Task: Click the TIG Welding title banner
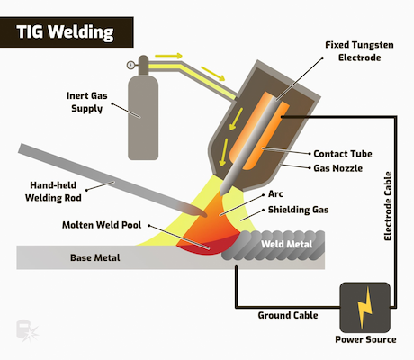(67, 32)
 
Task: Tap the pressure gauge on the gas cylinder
(130, 65)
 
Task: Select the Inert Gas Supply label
(86, 102)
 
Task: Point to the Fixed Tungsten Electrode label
(359, 51)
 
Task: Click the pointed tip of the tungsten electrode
(222, 193)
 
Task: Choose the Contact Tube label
(343, 154)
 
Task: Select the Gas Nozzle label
(337, 168)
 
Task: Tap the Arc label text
(275, 193)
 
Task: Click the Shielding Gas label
(298, 210)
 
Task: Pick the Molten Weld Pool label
(102, 225)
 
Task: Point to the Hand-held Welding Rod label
(53, 192)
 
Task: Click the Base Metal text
(95, 257)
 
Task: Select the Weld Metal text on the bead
(286, 244)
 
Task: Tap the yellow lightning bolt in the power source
(364, 308)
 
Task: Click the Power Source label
(365, 339)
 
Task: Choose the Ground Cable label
(288, 315)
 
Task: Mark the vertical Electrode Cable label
(388, 206)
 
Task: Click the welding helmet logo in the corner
(27, 331)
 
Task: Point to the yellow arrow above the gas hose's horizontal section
(168, 56)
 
